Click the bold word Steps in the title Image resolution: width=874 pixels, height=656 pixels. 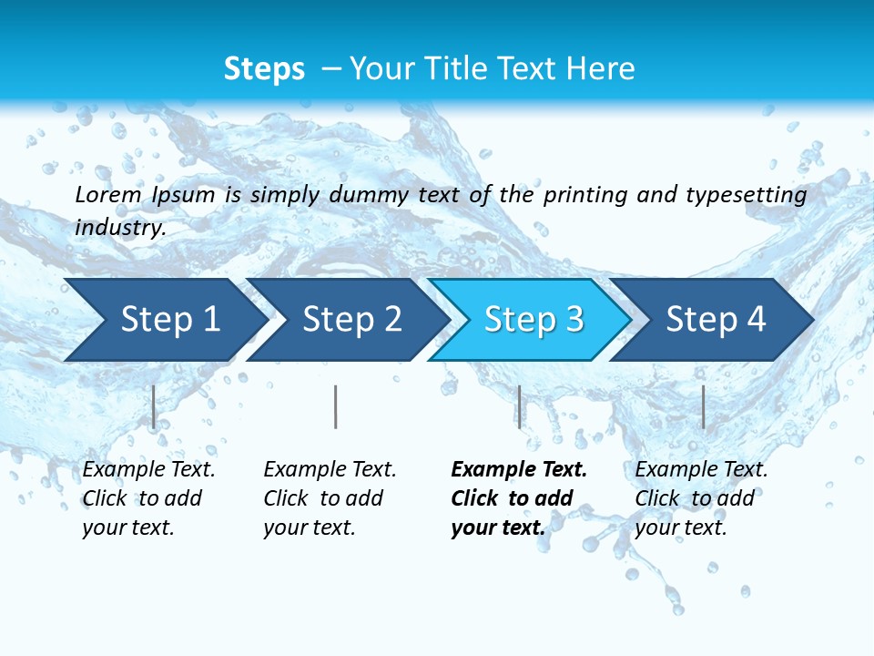tap(264, 69)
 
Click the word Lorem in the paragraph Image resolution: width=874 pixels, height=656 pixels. tap(108, 194)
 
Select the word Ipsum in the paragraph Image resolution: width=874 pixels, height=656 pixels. tap(184, 195)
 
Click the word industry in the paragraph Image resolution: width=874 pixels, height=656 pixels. tap(119, 228)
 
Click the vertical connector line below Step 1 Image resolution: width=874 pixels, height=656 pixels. tap(154, 406)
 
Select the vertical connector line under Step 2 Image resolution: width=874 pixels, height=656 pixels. tap(336, 406)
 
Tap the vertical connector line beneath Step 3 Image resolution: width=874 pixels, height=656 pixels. tap(519, 406)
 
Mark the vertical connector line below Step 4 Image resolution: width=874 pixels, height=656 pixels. tap(703, 406)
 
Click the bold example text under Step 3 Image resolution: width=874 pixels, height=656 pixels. tap(518, 498)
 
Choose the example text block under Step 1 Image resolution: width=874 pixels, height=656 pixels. tap(148, 498)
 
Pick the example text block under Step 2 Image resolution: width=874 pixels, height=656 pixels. tap(330, 498)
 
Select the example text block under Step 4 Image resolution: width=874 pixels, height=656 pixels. tap(701, 498)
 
